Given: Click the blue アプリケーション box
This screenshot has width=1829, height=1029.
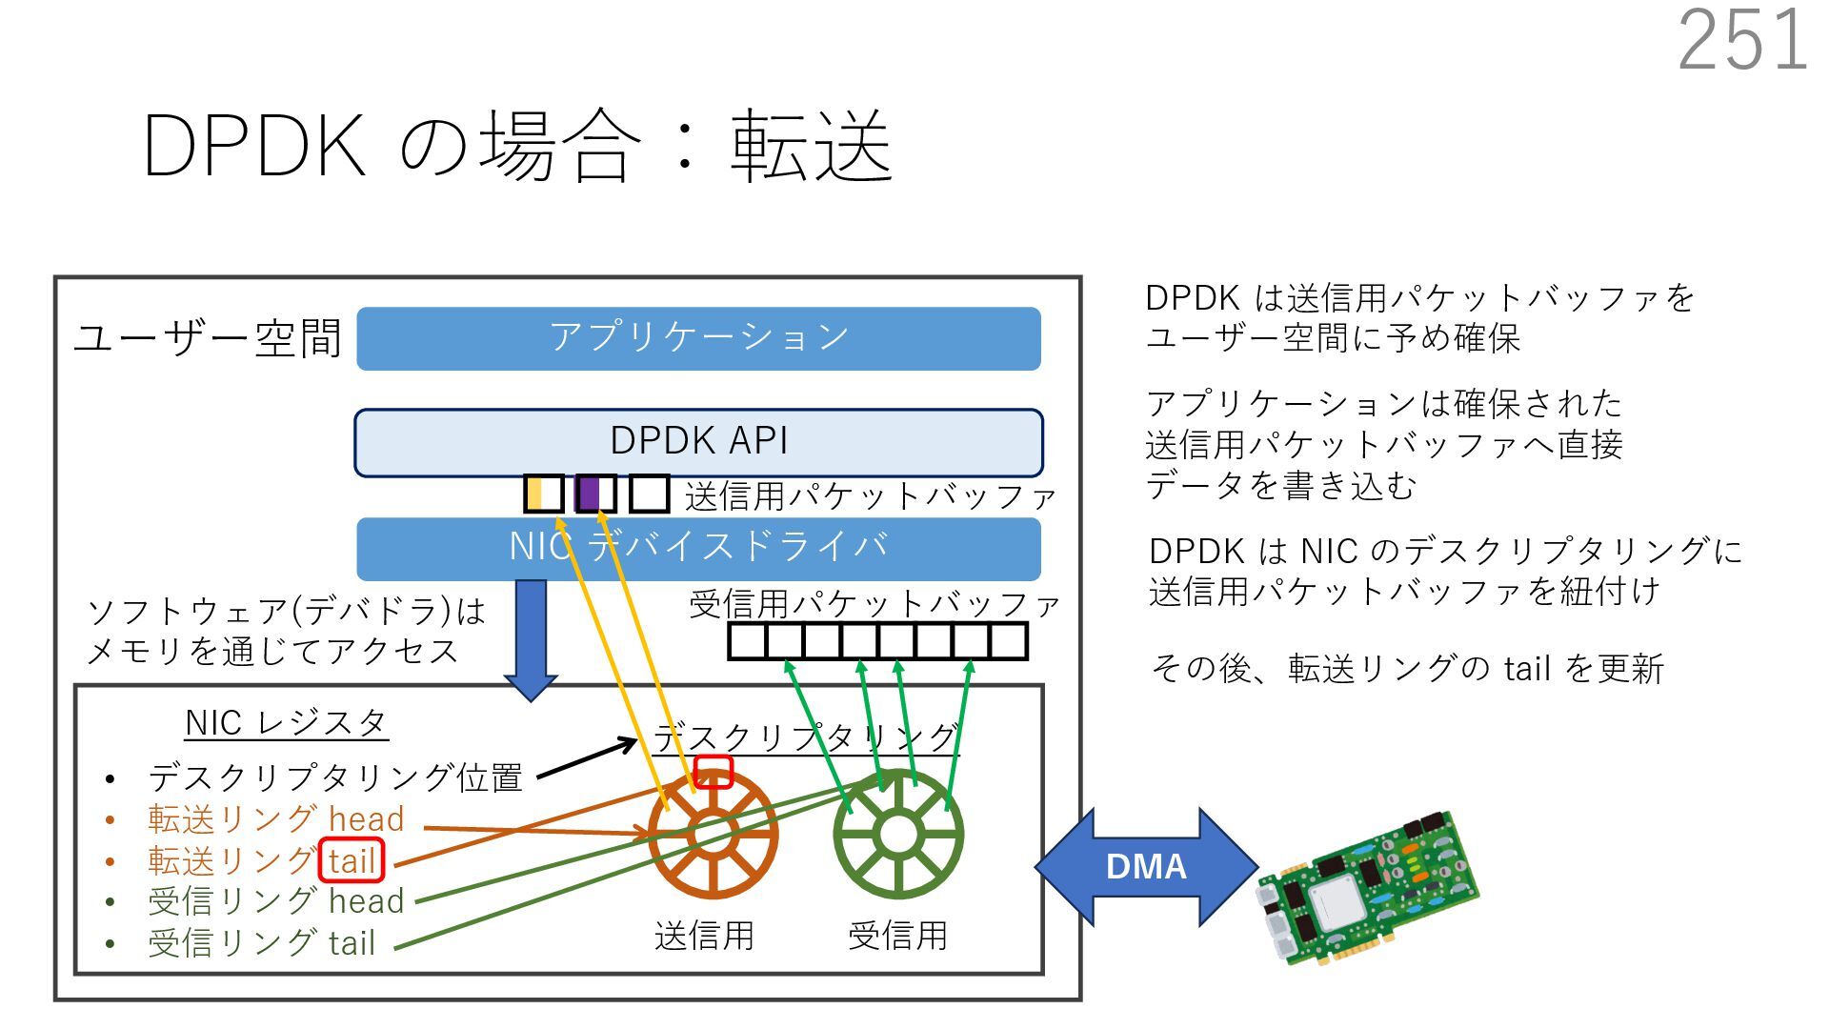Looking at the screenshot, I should (x=698, y=338).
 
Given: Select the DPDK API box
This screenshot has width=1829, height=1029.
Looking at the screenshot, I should (x=698, y=442).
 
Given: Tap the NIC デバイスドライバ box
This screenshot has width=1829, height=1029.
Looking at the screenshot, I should (x=698, y=549).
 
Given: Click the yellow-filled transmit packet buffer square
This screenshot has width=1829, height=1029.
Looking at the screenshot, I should (x=543, y=494).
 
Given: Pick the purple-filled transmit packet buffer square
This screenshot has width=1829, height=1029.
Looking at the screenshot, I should (x=595, y=494).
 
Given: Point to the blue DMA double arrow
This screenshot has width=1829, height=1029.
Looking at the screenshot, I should (x=1146, y=866).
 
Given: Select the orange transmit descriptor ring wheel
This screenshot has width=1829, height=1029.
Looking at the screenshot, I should (x=713, y=835).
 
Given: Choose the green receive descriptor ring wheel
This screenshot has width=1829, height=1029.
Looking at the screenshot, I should (x=897, y=835).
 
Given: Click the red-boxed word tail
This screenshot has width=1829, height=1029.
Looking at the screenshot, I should (x=352, y=860).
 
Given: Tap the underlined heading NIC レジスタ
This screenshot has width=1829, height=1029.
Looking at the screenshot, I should (x=286, y=723).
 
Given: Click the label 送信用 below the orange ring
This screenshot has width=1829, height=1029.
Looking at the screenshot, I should (x=704, y=936).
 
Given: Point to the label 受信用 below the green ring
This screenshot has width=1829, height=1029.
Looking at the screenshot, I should (x=897, y=936).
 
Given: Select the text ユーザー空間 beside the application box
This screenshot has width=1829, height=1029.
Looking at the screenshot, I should (x=207, y=338).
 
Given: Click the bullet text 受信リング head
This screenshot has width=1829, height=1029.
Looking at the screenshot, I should (x=276, y=901).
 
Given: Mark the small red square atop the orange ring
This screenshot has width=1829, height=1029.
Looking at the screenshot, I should (x=713, y=772).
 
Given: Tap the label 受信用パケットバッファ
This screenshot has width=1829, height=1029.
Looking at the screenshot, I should (x=874, y=604).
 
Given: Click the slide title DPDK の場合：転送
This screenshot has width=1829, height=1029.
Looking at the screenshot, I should (x=517, y=146).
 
